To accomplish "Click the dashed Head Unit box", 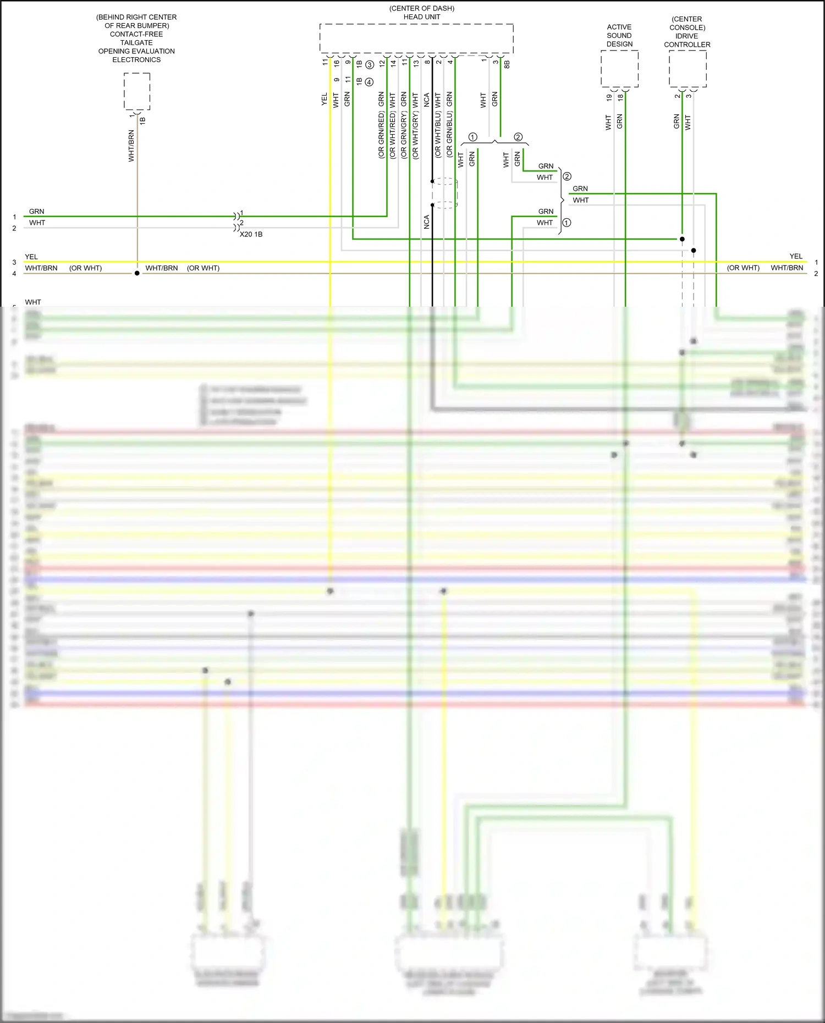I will [416, 38].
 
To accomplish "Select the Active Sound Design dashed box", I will [619, 69].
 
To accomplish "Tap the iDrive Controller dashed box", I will [687, 69].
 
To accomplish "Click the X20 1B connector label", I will [251, 234].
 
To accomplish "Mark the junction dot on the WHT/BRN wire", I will [137, 273].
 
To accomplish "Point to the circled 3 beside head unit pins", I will [370, 64].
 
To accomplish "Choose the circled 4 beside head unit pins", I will [370, 82].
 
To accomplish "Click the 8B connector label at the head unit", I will [507, 64].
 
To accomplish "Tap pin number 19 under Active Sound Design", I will [609, 97].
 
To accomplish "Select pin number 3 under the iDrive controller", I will [689, 96].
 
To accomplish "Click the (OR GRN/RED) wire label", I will [381, 135].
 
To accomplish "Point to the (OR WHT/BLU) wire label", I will [438, 135].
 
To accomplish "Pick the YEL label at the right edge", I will [795, 256].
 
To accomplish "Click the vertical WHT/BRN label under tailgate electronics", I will [131, 146].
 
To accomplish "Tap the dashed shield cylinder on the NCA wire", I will [444, 193].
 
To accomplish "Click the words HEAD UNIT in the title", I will [422, 17].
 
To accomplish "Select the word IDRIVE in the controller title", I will [687, 36].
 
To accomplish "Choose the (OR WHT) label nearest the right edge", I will [743, 268].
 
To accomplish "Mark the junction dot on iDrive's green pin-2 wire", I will [682, 239].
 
